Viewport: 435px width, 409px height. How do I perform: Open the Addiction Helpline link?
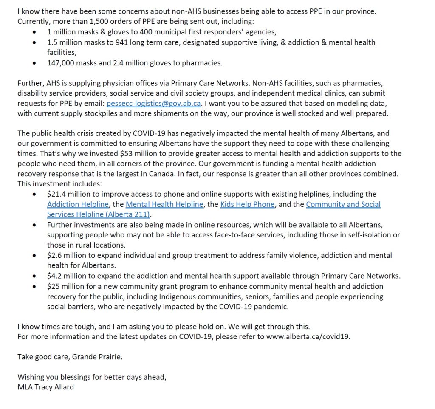pos(78,204)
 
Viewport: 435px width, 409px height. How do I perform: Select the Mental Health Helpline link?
pos(164,204)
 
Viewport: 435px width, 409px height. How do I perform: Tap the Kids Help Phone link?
pos(248,204)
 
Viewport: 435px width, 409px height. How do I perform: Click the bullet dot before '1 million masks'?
pos(34,32)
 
